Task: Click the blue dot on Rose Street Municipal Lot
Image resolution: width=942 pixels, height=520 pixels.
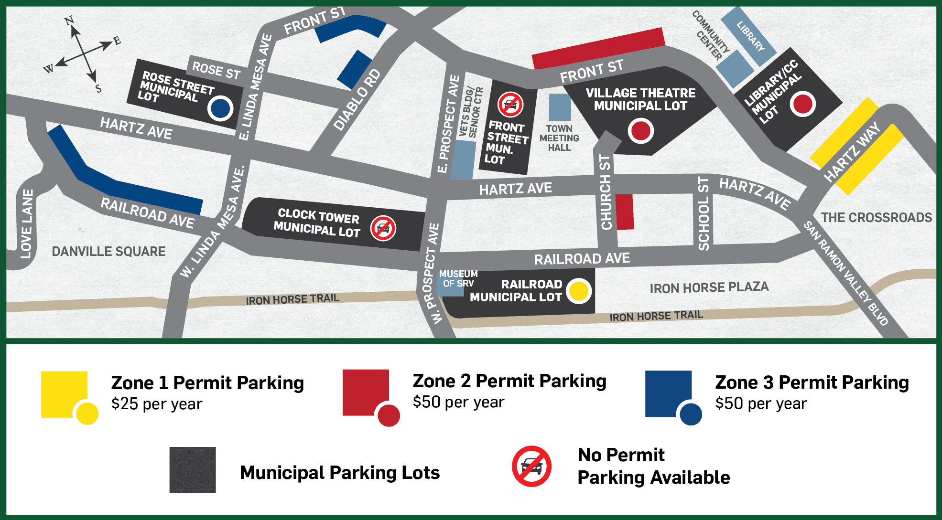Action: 220,108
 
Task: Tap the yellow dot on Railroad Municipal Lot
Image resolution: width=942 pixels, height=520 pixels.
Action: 579,291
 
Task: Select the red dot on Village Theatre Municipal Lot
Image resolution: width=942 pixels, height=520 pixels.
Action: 640,131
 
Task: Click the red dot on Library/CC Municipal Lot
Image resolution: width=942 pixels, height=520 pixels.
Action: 802,104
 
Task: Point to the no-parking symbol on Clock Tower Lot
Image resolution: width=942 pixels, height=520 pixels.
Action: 383,228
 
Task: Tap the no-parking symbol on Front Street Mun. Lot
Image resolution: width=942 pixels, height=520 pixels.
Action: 510,105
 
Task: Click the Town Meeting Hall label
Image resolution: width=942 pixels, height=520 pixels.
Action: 559,138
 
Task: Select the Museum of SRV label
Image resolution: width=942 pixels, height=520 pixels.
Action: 458,278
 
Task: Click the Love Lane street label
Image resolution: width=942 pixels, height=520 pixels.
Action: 27,224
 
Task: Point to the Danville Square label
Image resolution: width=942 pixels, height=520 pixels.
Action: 108,251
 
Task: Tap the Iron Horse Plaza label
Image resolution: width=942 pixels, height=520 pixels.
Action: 709,287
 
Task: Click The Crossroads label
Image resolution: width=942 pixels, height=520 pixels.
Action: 876,218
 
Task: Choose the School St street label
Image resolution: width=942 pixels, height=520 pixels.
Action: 704,213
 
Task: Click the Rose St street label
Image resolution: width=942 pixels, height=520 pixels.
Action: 216,71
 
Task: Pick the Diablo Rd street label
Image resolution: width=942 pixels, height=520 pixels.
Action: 357,100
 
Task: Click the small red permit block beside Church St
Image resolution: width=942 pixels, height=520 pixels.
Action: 624,212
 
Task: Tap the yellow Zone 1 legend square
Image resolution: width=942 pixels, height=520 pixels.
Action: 64,394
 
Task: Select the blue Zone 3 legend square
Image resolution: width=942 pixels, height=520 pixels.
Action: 668,393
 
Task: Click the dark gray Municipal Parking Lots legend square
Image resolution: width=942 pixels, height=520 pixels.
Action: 193,470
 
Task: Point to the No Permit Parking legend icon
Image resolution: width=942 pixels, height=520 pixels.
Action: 531,467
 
